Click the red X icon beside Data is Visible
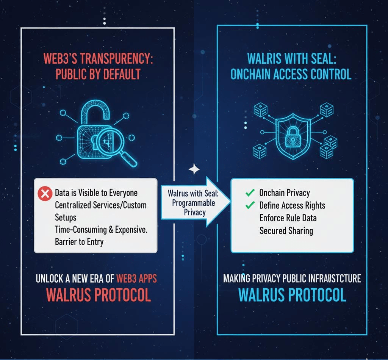(45, 194)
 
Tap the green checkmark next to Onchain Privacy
(250, 193)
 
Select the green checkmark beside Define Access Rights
(250, 205)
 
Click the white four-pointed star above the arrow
(194, 169)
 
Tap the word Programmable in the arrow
(194, 203)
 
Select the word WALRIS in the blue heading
(264, 59)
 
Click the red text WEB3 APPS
(136, 279)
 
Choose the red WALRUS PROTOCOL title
(99, 295)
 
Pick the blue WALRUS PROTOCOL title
(292, 295)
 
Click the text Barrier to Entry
(79, 242)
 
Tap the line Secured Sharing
(286, 231)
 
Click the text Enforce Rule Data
(288, 218)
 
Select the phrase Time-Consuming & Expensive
(101, 230)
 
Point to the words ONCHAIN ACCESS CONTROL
(291, 74)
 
